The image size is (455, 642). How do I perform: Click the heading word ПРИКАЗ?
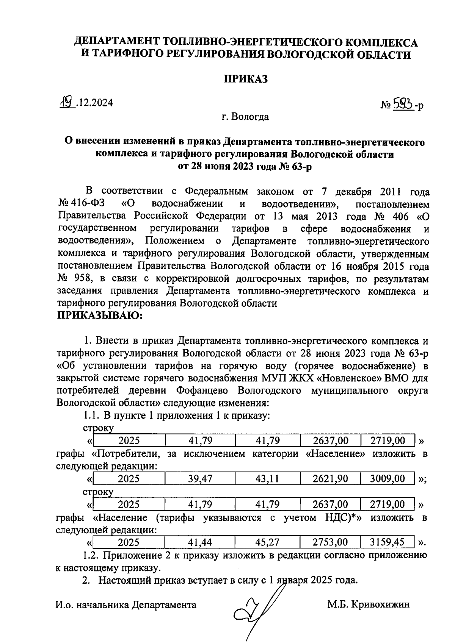[245, 79]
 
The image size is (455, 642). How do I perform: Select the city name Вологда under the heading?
[250, 117]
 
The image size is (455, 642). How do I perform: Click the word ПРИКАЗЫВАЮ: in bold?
[99, 316]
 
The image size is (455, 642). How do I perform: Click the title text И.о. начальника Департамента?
[126, 605]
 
